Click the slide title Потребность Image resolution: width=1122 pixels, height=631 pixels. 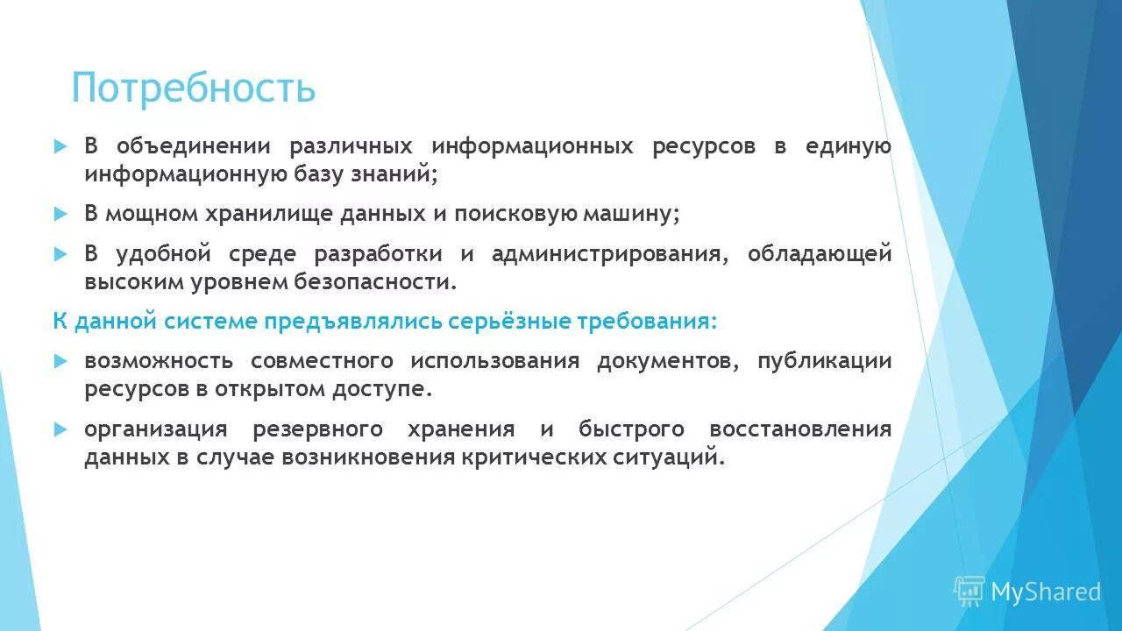coord(193,88)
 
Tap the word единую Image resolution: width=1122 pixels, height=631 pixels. coord(849,146)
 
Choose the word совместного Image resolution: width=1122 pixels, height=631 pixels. coord(321,361)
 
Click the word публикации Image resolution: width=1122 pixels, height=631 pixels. coord(825,361)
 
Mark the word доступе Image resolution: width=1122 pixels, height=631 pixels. coord(382,388)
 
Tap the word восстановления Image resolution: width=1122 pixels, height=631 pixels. coord(800,429)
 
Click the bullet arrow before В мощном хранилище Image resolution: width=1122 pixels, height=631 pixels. coord(60,214)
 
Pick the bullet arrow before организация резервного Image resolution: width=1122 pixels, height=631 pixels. coord(60,429)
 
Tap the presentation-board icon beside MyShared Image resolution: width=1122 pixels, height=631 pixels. coord(969,592)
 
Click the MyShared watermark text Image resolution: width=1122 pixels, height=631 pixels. coord(1046,592)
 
